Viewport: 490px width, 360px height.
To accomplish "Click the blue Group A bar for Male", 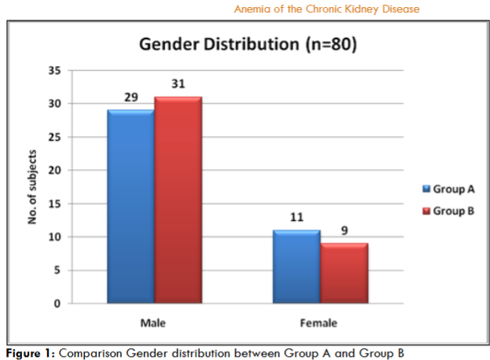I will [131, 206].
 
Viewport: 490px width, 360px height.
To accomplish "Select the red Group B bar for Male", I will [178, 200].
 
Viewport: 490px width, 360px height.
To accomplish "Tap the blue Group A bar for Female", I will [296, 266].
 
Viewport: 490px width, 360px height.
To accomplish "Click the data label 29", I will [130, 97].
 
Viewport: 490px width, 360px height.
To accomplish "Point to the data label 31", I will [178, 84].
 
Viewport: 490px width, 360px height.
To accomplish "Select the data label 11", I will [296, 217].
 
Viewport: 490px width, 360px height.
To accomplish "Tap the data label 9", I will [344, 230].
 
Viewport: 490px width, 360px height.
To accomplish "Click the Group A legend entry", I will [448, 189].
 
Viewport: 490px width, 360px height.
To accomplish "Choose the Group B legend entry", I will [448, 211].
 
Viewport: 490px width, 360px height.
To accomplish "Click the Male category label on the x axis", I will [154, 323].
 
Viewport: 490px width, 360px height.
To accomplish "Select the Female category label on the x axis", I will [319, 323].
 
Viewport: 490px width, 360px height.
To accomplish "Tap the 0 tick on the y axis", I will [57, 304].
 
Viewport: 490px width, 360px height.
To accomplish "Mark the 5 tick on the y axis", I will [57, 270].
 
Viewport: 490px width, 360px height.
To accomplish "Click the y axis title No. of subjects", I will [33, 186].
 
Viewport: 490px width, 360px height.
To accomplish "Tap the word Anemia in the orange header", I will [252, 9].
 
